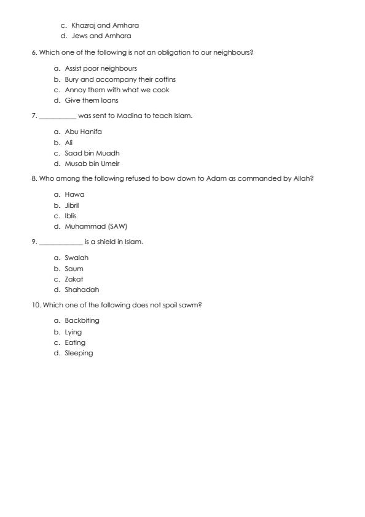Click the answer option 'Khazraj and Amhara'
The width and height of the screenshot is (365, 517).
click(x=105, y=25)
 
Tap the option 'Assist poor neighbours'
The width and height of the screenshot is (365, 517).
click(x=101, y=68)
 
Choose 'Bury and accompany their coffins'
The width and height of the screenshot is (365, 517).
click(x=120, y=79)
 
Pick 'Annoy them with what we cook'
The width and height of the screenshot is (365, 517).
click(x=117, y=90)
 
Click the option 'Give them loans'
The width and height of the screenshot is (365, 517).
click(x=92, y=100)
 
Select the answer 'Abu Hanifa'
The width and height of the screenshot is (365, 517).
click(x=84, y=132)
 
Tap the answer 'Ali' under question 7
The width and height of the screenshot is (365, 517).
click(x=69, y=142)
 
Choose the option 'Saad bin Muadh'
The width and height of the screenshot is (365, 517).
click(x=92, y=153)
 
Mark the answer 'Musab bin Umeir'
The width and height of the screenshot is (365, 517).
click(x=92, y=164)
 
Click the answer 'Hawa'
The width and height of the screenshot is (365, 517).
click(x=74, y=194)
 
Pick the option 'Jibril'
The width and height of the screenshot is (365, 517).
click(x=72, y=205)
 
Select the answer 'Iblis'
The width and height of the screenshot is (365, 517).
click(x=71, y=216)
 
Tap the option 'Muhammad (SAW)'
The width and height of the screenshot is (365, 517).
click(x=95, y=226)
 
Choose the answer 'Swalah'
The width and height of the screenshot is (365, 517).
click(x=76, y=258)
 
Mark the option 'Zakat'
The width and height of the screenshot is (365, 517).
click(x=74, y=279)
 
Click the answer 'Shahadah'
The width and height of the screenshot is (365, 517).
click(x=82, y=290)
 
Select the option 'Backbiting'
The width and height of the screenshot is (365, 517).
click(x=82, y=320)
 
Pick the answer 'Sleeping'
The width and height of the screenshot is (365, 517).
click(x=79, y=353)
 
